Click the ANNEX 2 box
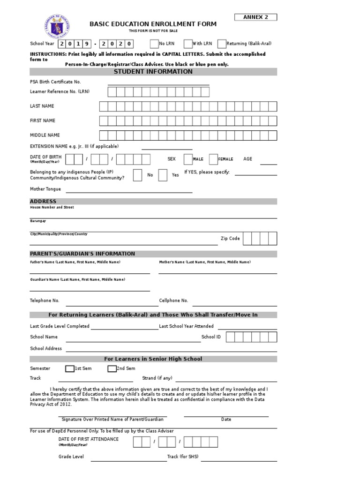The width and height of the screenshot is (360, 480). click(255, 17)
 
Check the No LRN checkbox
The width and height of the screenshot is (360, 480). click(154, 44)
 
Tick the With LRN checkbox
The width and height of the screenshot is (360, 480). click(188, 44)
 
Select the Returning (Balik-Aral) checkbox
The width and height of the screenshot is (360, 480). click(222, 44)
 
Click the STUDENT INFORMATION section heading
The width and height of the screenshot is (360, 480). click(153, 72)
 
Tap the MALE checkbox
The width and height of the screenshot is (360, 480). click(188, 159)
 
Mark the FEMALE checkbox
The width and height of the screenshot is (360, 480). click(213, 159)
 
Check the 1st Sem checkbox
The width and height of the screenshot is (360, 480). click(70, 369)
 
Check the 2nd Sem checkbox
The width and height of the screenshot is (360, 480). click(112, 369)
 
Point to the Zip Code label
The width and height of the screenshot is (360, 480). click(230, 239)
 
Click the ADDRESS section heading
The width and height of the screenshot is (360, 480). click(43, 201)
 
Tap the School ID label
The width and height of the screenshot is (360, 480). click(211, 337)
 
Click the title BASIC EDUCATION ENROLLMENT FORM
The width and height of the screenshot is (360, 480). click(153, 24)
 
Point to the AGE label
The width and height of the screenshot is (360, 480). click(247, 159)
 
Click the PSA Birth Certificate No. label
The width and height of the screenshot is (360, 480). click(55, 82)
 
